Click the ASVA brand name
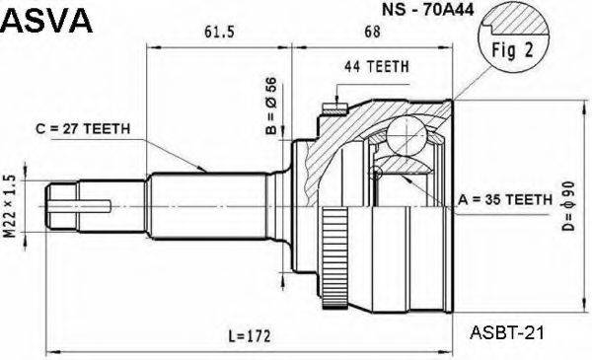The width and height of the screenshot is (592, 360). (47, 21)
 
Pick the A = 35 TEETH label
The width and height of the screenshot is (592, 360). (506, 200)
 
